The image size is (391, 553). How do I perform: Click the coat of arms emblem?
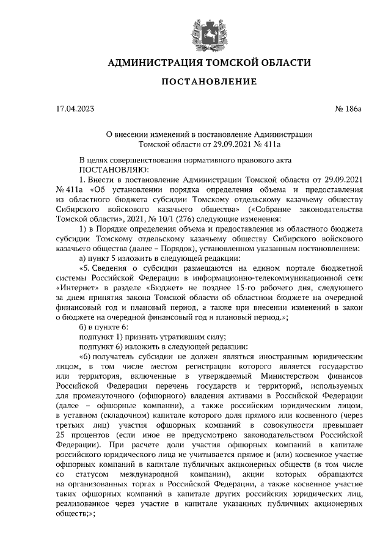pos(195,28)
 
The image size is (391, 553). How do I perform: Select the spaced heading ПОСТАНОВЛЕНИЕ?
pos(195,81)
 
